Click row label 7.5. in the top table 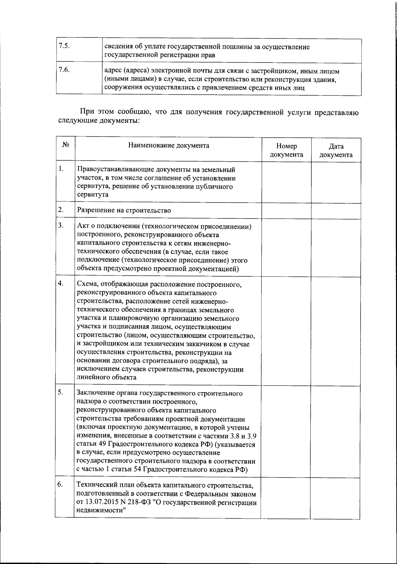(64, 46)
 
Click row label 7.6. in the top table (64, 70)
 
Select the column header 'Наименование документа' (169, 145)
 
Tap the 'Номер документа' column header (287, 150)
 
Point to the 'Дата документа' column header (336, 150)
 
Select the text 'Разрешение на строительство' (124, 210)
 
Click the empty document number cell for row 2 (286, 211)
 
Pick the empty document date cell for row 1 (336, 182)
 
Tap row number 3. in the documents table (61, 226)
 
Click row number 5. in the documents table (61, 392)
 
